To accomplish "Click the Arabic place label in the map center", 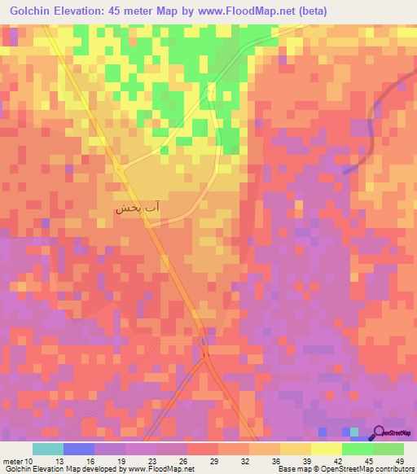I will [x=136, y=208].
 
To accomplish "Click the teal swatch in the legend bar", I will [x=47, y=449].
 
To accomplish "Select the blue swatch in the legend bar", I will [x=78, y=449].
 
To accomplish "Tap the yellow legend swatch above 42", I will [x=326, y=449].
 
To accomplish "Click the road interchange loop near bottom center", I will [x=204, y=351].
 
